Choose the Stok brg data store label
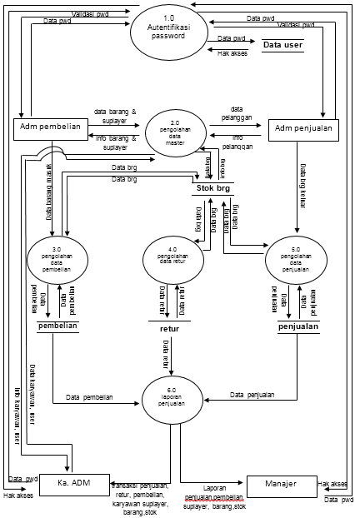pos(213,188)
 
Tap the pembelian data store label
pos(57,326)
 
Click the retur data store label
pos(169,328)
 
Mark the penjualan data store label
pos(298,327)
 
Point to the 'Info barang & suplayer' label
pos(115,143)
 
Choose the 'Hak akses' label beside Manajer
pos(332,483)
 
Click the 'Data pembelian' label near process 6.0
pos(90,397)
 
